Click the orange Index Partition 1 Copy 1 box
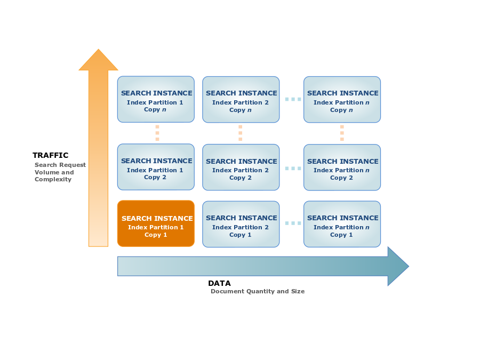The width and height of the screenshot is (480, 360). click(x=156, y=223)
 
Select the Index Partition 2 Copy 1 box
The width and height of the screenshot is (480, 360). click(x=241, y=224)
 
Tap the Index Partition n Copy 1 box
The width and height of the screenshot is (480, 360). click(x=342, y=224)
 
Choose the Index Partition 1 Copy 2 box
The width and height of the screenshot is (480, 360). click(x=156, y=167)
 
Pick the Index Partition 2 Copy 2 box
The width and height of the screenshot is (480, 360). click(x=241, y=167)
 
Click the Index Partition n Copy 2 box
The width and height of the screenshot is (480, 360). click(x=342, y=167)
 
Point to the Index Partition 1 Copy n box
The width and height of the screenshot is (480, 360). click(x=156, y=99)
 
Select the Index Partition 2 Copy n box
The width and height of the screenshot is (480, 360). click(x=241, y=100)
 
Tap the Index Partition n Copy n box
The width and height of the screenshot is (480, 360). click(x=342, y=100)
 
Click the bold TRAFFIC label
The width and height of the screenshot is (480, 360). click(x=51, y=156)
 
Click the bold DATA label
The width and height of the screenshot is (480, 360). click(x=219, y=284)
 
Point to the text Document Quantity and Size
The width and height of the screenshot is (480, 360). click(x=258, y=292)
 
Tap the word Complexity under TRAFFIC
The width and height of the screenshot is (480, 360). click(x=53, y=180)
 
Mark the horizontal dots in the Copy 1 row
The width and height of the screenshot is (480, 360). click(x=293, y=223)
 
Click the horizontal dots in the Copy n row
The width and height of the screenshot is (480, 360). click(x=293, y=99)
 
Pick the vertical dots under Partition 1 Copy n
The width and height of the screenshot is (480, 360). click(x=157, y=133)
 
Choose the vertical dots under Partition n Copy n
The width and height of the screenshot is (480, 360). click(x=342, y=133)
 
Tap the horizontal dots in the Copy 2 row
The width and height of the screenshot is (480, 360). click(x=293, y=169)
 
